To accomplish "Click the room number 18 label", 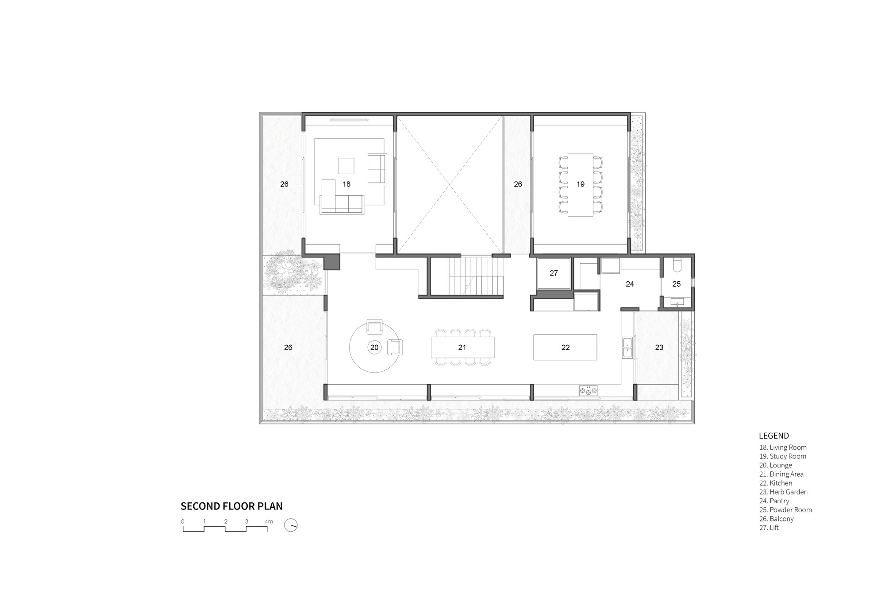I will point(346,184).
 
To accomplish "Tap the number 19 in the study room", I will point(581,184).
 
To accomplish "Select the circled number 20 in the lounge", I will point(374,347).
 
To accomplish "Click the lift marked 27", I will point(554,273).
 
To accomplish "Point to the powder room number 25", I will point(677,284).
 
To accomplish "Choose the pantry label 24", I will point(630,284).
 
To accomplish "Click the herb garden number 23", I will point(659,348).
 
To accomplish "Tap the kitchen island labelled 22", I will point(566,348).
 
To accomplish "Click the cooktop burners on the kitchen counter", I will point(588,391).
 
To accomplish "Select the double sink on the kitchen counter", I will point(627,348).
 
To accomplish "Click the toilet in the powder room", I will point(677,265).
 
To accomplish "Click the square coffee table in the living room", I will point(346,166).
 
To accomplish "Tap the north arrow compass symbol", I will point(291,525).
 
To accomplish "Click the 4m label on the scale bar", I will point(269,521).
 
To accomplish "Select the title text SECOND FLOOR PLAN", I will point(231,506).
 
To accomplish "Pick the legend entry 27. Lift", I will point(769,528).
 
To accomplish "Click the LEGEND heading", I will point(774,436).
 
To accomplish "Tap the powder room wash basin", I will point(677,302).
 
